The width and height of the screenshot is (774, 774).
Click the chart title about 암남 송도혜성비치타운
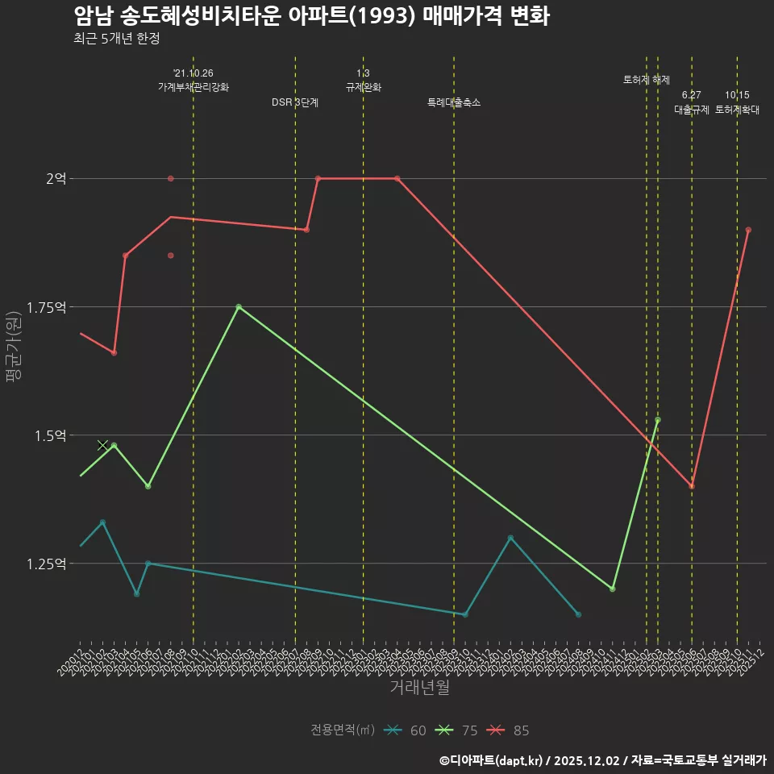pos(311,16)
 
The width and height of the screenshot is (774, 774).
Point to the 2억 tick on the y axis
pos(56,178)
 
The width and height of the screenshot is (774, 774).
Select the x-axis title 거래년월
pos(419,688)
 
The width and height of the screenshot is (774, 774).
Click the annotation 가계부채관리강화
pos(193,86)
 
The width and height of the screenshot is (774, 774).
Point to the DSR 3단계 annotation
pos(295,102)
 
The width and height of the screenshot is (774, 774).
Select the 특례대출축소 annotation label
pos(454,102)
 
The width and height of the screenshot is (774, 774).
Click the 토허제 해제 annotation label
pos(647,80)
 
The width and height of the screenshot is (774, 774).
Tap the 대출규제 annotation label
pos(692,110)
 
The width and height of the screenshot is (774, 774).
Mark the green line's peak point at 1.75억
pos(239,307)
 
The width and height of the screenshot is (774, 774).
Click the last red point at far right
pos(748,230)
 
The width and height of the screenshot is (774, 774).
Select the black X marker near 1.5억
pos(102,445)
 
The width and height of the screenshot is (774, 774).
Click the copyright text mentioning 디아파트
pos(602,760)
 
